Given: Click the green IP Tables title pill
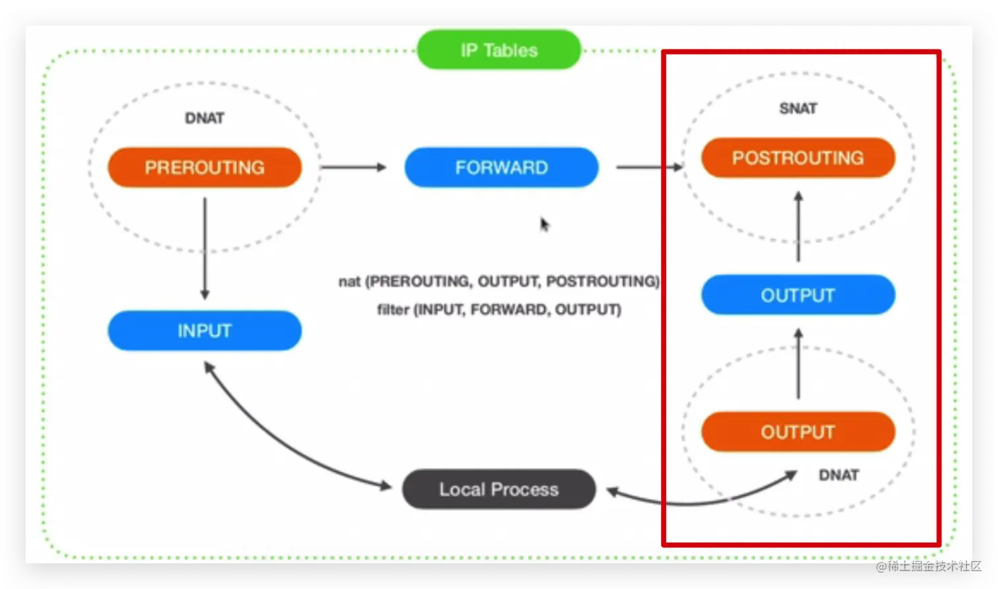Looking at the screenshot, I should (x=499, y=50).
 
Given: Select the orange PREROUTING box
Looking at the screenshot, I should (x=205, y=167).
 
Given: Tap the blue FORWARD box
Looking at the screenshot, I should (x=502, y=167).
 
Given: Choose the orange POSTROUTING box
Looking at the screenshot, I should (x=797, y=158).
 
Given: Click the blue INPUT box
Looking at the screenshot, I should (x=205, y=330).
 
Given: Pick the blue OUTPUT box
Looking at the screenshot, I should (x=797, y=294).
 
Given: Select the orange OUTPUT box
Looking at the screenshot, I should (x=797, y=432).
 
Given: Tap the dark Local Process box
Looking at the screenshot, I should (x=499, y=489).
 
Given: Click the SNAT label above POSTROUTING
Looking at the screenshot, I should (x=797, y=108).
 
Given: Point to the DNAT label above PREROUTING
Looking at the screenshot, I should (x=205, y=118).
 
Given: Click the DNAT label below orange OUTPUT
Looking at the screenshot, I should (x=838, y=475).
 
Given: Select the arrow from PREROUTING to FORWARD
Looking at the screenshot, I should (x=353, y=167).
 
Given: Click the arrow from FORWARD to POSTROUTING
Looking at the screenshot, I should (x=649, y=167).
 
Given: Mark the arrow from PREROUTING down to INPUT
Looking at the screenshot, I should (x=205, y=248).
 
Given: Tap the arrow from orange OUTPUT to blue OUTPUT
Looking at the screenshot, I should (x=798, y=364).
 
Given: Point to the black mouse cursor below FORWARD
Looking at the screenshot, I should (x=545, y=225).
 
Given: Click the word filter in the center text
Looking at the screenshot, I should (x=392, y=309).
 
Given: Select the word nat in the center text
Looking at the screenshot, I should (x=349, y=281).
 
